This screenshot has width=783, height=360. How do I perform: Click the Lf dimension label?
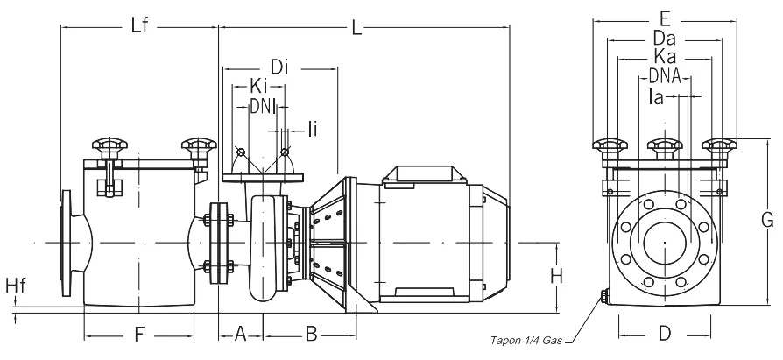tap(140, 26)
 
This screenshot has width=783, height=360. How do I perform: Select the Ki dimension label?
tap(258, 88)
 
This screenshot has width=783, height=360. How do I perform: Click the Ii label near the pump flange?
tap(313, 130)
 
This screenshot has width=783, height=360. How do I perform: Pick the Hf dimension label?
tap(15, 286)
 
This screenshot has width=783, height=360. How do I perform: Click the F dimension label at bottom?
tap(138, 333)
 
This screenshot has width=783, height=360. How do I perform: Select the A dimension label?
tap(241, 333)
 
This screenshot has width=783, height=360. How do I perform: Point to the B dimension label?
tap(310, 333)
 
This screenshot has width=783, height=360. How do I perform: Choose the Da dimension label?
tap(665, 39)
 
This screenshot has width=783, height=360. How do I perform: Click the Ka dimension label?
tap(665, 58)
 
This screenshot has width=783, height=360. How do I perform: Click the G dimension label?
tap(768, 219)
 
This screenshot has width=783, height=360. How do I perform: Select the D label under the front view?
tap(665, 333)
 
